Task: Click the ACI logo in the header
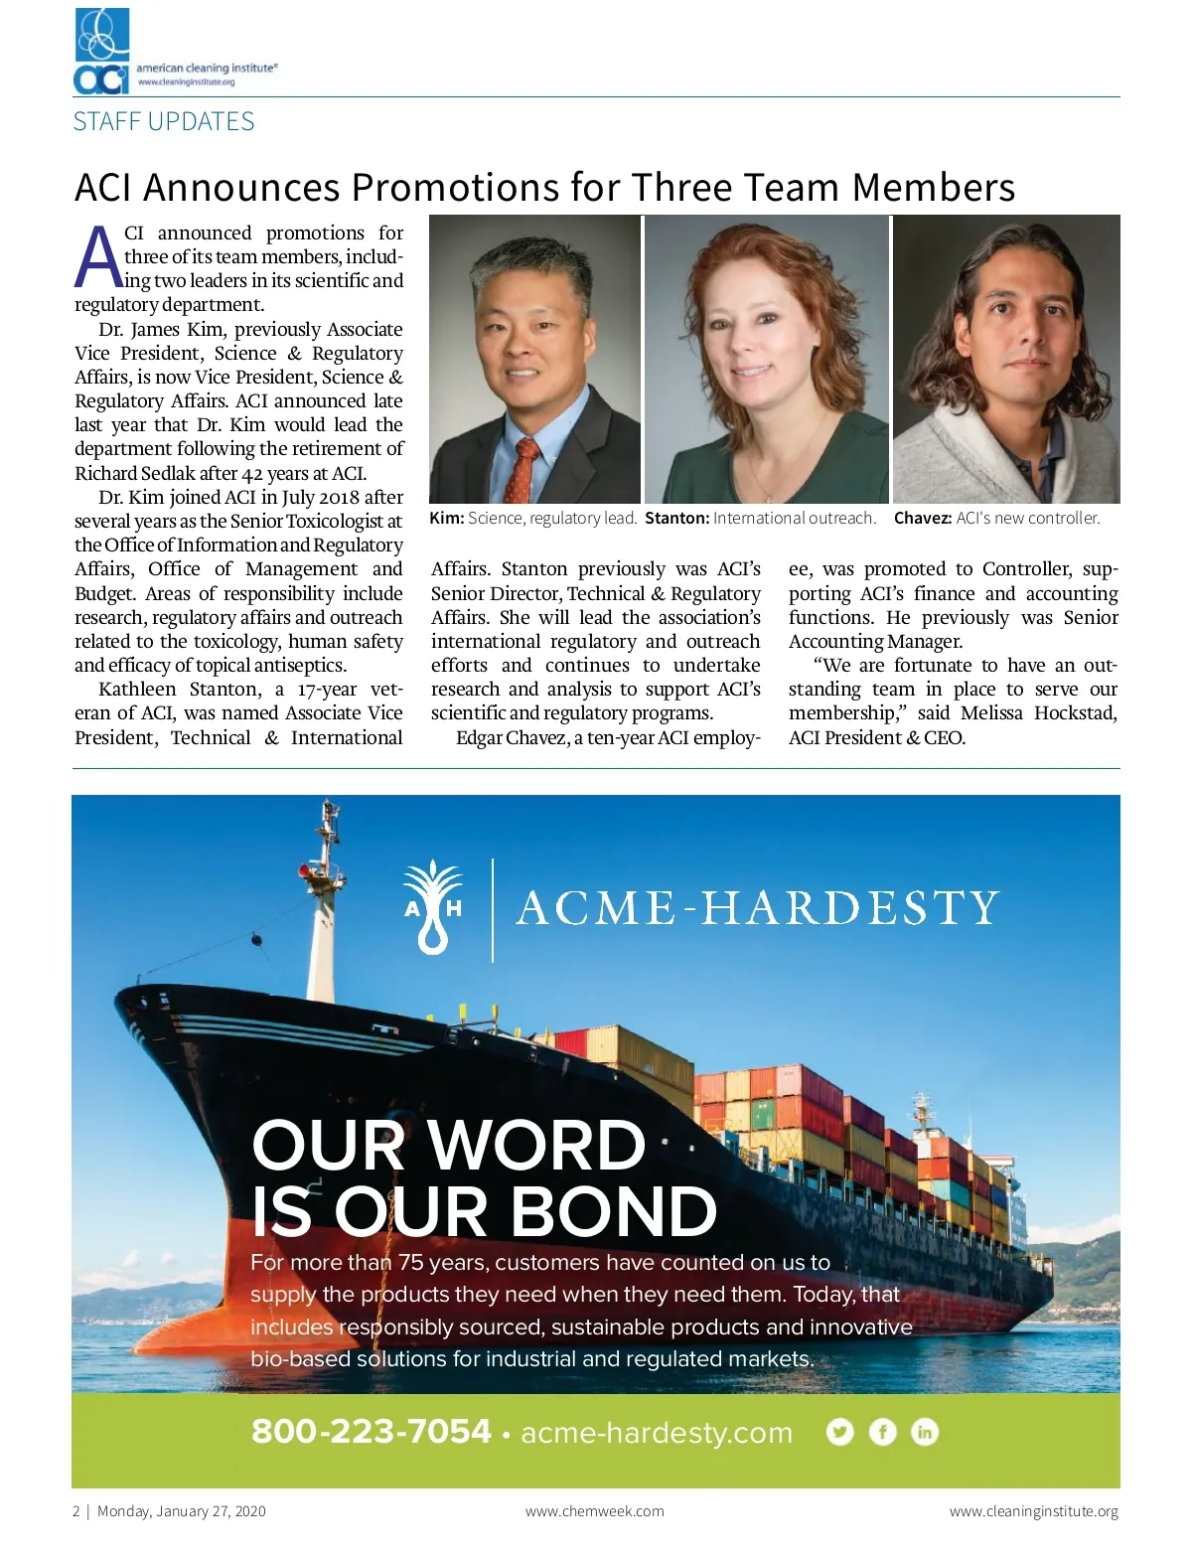102,52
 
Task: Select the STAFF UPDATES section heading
164,122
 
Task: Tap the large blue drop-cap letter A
98,256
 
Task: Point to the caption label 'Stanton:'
676,518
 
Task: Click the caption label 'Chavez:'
922,518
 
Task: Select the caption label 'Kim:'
446,518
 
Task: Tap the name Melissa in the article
991,713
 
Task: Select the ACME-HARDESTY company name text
757,908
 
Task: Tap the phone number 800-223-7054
371,1432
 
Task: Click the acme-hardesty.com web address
657,1433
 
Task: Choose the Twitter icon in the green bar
839,1432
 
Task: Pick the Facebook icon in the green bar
882,1432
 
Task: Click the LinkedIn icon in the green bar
925,1432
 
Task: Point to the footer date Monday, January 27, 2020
181,1511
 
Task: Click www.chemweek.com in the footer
594,1511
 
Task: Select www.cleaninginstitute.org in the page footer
1033,1511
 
